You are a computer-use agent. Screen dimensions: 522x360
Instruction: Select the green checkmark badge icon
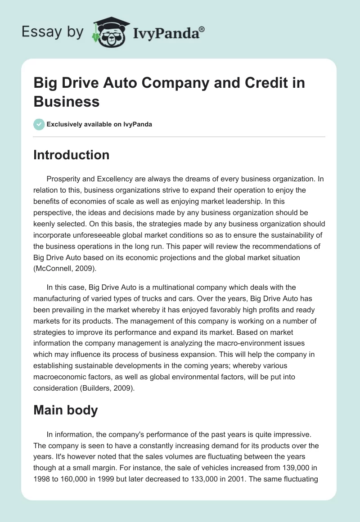tap(39, 124)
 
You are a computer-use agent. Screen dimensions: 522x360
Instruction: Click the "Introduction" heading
tap(71, 155)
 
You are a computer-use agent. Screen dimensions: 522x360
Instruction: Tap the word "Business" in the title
tap(66, 101)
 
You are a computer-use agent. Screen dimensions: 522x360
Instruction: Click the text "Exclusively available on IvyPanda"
tap(99, 124)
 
